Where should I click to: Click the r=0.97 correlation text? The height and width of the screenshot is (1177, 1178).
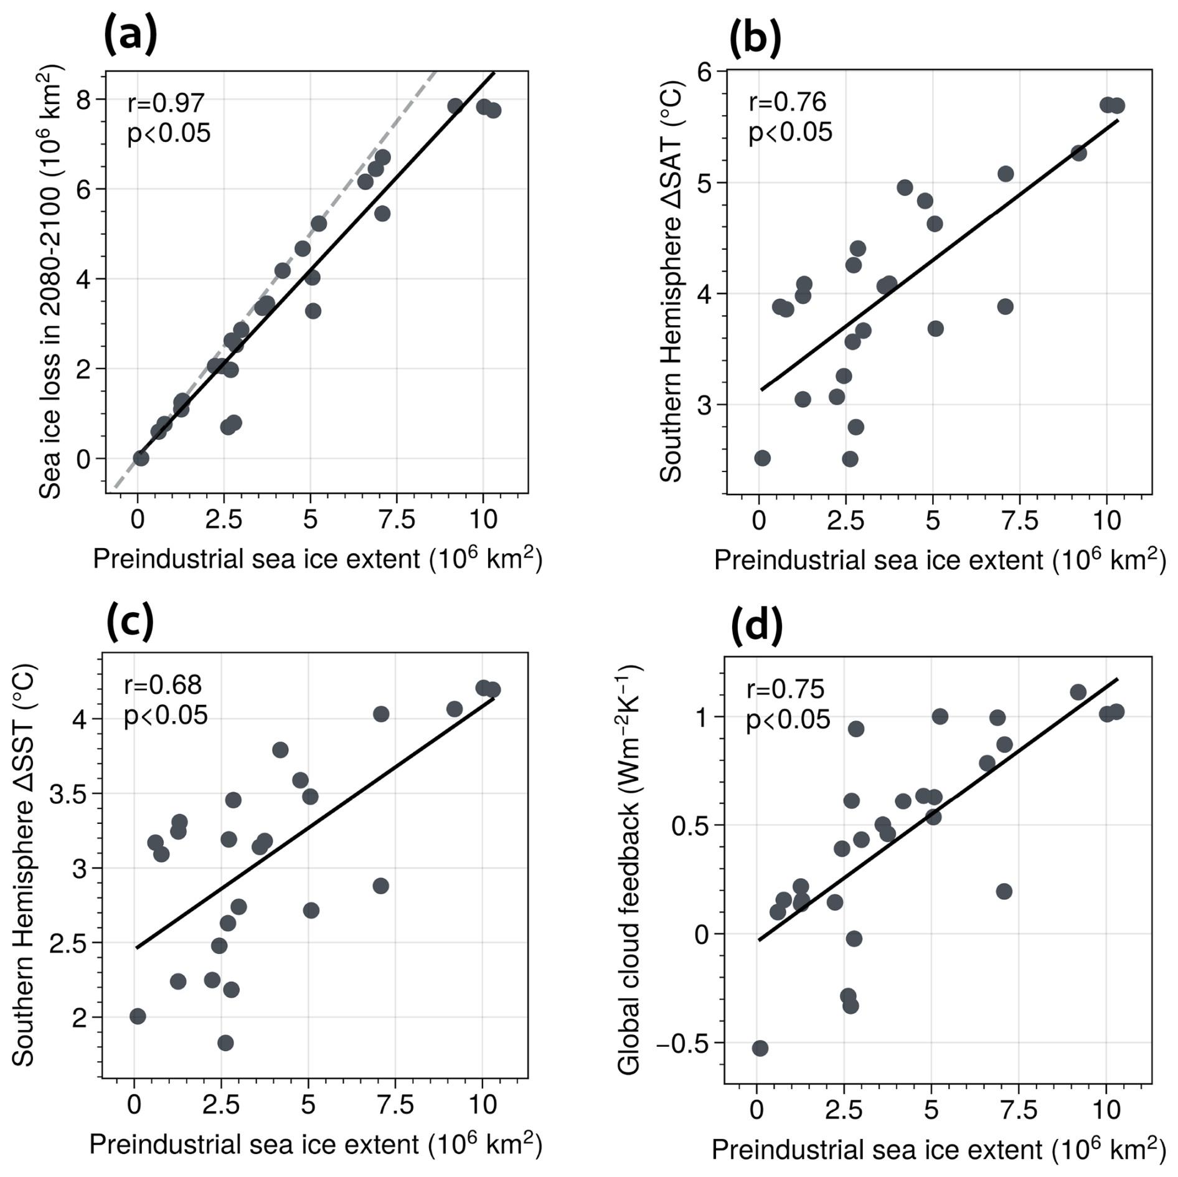[166, 103]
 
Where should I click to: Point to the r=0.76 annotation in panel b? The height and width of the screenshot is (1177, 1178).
[787, 102]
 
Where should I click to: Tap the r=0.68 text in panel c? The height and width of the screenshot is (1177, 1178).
[163, 685]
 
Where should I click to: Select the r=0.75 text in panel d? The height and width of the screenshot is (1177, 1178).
[785, 689]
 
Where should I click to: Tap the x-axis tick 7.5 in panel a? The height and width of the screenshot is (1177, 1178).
[397, 519]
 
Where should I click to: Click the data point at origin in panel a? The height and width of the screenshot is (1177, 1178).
[141, 458]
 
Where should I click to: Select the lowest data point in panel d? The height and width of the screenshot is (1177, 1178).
[760, 1048]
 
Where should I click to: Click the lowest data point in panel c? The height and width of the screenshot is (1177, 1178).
[225, 1042]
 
